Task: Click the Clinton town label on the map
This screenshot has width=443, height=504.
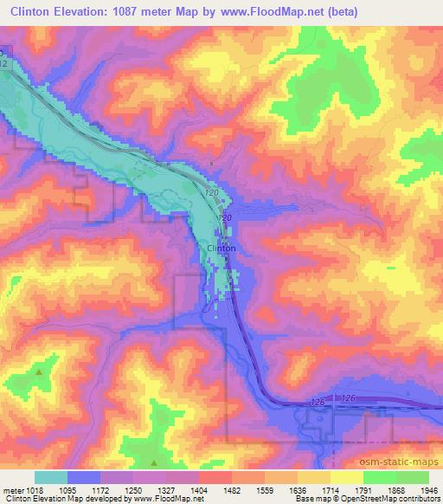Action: [x=221, y=249]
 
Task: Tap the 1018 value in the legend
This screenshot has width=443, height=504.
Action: [x=35, y=489]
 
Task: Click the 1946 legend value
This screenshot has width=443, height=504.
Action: [x=430, y=489]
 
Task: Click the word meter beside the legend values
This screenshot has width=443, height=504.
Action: [x=12, y=489]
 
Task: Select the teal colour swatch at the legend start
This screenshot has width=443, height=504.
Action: [x=51, y=477]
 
